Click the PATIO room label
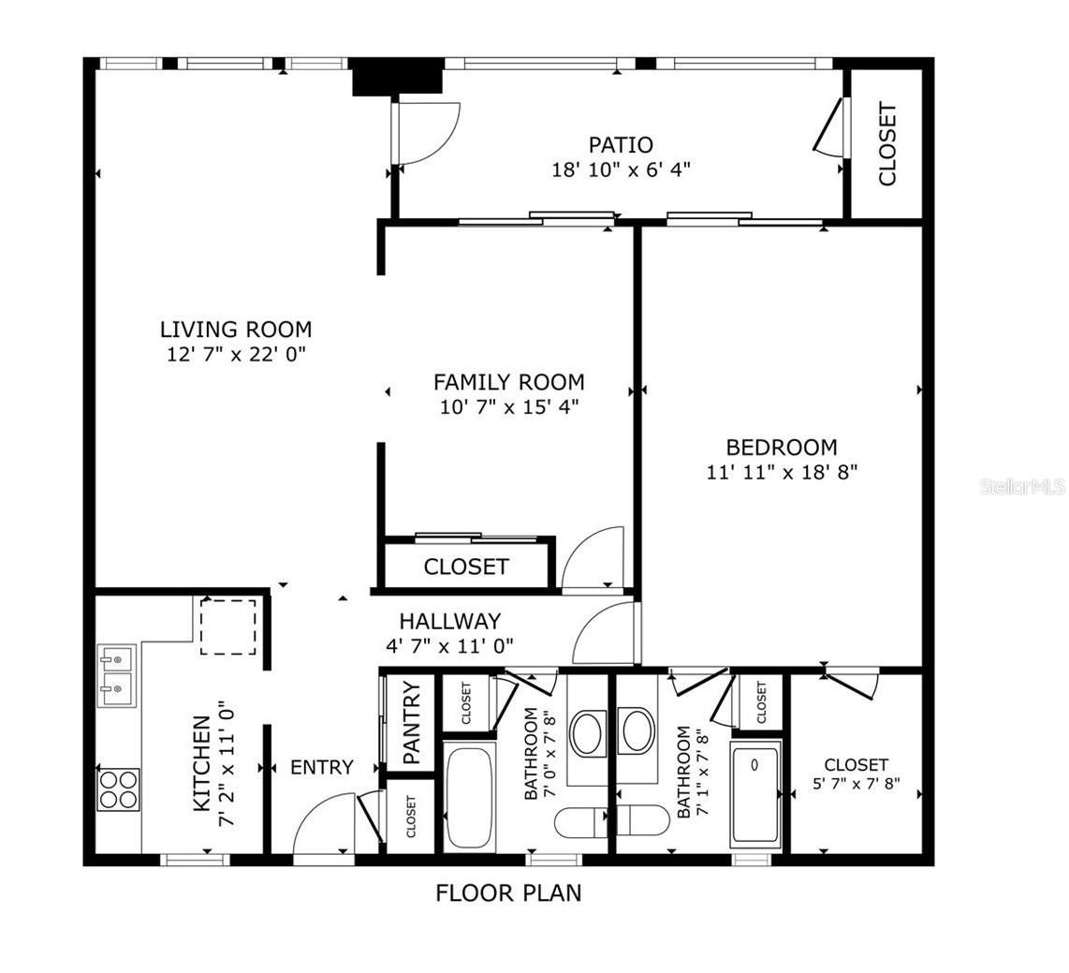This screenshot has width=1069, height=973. pos(621,145)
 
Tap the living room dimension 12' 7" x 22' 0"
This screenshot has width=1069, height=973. pos(235,354)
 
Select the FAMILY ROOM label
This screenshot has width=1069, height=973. pos(508,382)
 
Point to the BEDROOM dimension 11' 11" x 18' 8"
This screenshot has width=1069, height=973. pos(782,472)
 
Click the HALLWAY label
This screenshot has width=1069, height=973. pos(449,621)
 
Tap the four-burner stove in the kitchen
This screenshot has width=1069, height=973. pos(119,789)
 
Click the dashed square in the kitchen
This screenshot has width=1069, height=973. pos(228,627)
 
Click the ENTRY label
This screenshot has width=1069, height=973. pos(321,767)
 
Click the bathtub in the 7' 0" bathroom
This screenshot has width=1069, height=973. pos(468,795)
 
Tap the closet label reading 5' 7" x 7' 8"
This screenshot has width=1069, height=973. pos(856,774)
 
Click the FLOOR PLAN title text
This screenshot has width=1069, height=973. pos(508,892)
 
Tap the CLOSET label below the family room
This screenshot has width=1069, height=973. pos(465,567)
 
